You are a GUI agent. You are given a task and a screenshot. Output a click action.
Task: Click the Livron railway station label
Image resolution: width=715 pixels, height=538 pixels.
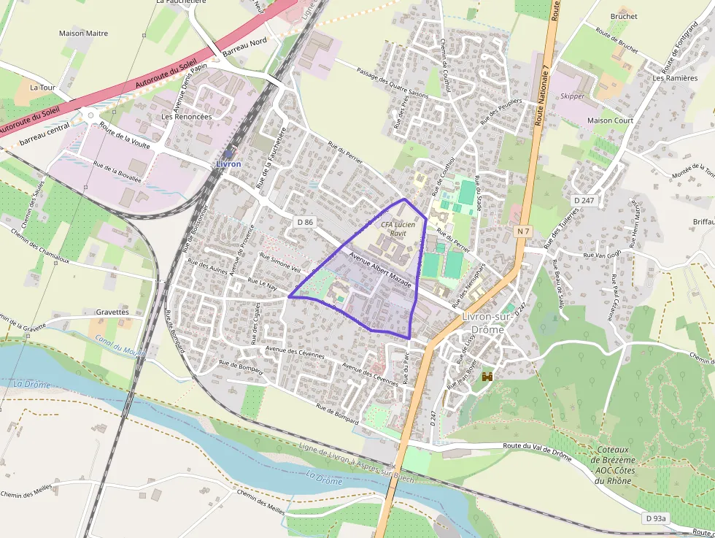(228, 164)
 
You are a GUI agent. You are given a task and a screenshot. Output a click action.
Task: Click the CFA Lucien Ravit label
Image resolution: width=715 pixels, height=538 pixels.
(398, 228)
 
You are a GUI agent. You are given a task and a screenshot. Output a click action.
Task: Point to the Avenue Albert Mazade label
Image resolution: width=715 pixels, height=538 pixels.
(380, 270)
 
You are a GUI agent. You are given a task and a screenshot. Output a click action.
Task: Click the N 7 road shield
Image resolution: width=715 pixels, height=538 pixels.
(522, 231)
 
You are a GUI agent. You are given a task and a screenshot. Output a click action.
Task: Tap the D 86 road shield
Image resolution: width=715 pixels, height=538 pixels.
(305, 220)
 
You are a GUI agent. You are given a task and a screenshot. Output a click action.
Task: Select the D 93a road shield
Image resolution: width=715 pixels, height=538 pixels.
(655, 518)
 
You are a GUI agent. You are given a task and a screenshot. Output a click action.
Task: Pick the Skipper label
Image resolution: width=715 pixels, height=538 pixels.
(572, 96)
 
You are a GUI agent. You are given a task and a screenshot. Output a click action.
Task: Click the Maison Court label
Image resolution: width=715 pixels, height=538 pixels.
(610, 120)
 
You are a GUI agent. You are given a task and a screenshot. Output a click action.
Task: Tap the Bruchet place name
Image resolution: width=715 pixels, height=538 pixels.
(623, 16)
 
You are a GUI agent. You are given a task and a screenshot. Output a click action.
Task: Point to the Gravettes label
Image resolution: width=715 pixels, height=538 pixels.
(112, 312)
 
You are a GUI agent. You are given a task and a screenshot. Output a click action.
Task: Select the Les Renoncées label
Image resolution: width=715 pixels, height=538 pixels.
(186, 116)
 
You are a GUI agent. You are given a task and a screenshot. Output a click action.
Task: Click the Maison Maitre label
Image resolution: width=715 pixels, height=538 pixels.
(83, 34)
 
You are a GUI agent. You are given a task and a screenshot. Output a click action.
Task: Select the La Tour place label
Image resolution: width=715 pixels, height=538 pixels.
(42, 87)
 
